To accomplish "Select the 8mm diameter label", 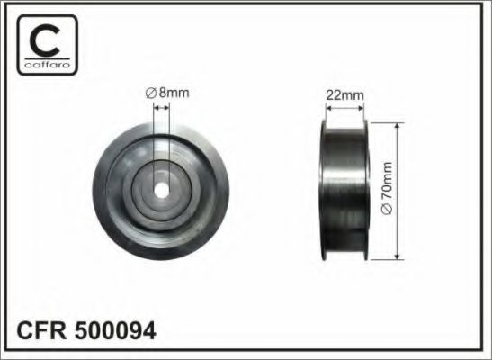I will (x=168, y=92).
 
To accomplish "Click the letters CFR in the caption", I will (x=40, y=330).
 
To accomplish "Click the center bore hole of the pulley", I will (x=162, y=191).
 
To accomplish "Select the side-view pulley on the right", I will (x=344, y=189).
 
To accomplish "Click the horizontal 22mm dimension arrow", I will (x=344, y=108).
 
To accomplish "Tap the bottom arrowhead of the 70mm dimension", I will (x=397, y=256).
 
